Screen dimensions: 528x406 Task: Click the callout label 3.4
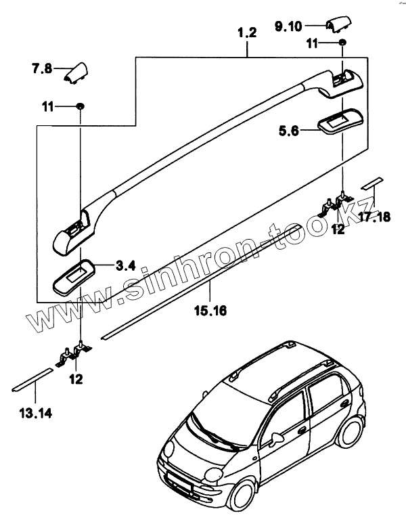[127, 265]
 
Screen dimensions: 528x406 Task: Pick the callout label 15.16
[211, 311]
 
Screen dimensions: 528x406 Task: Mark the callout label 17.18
[374, 217]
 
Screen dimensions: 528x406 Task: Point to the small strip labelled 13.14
[32, 380]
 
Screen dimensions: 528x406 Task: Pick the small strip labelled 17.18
[371, 183]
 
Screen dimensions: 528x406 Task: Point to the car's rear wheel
[351, 434]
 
